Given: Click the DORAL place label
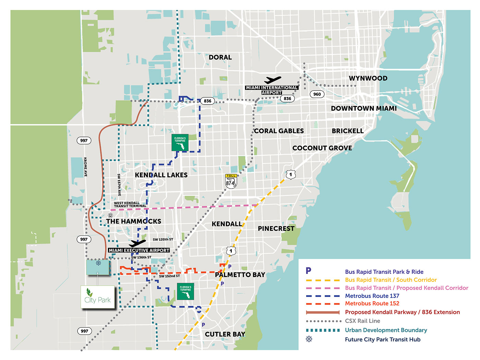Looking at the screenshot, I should [x=220, y=57].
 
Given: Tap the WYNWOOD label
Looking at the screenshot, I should [x=368, y=78].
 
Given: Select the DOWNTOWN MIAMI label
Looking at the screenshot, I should [x=363, y=108].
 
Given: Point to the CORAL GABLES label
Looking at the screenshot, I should [x=279, y=131].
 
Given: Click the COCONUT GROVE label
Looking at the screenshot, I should [x=322, y=148].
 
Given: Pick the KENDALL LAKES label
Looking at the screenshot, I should [x=161, y=175].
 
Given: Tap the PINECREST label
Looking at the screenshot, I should [x=276, y=228].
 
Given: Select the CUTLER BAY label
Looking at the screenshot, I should [x=225, y=334].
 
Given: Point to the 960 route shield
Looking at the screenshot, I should [x=317, y=94].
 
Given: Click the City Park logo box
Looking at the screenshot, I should [x=98, y=297].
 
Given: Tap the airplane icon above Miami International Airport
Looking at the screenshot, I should [x=273, y=80].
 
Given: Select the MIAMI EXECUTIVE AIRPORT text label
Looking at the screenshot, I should [x=139, y=250].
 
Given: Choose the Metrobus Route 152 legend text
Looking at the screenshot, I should [x=372, y=303].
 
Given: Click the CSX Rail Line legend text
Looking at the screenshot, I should [x=362, y=321].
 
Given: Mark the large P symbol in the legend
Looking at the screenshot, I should [x=309, y=271].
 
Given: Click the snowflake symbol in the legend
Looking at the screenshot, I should [x=309, y=339].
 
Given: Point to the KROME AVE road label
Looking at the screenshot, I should [x=85, y=167].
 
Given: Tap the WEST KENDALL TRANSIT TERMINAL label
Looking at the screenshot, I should [x=130, y=204].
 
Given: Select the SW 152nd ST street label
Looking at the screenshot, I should [x=169, y=276].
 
